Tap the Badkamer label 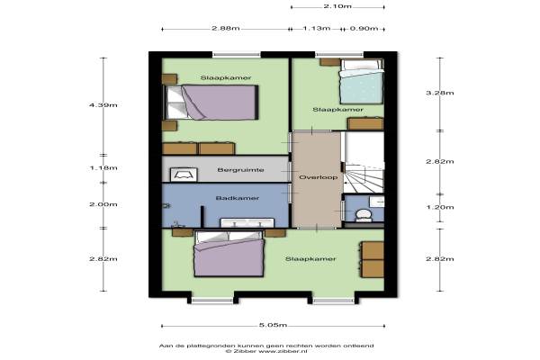238,198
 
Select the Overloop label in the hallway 319,177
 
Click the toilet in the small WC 364,214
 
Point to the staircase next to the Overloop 364,162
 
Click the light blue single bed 362,82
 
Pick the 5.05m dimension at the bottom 273,325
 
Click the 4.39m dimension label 103,105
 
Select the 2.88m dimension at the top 226,28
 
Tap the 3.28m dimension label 440,93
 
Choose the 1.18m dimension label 103,168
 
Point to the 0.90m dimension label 364,28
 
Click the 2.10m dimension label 337,6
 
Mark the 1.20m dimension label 440,207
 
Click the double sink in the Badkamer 247,222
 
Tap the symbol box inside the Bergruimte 184,175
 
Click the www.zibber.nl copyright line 266,351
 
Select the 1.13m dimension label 317,28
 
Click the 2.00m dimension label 103,204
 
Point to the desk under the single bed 365,123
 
